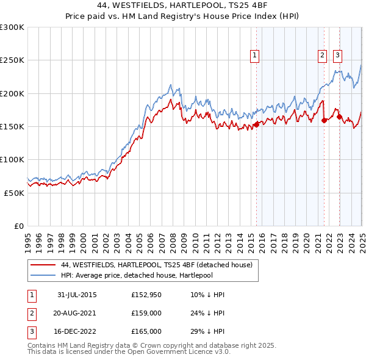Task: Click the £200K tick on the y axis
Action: tap(12, 93)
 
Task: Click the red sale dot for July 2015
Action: tap(256, 124)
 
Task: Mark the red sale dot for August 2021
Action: tap(324, 120)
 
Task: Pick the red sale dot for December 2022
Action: tap(339, 117)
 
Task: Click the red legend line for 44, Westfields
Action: tap(43, 265)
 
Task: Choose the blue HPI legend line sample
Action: tap(43, 275)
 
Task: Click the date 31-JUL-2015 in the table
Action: tap(77, 295)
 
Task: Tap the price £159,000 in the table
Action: tap(146, 313)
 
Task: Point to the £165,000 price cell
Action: tap(146, 331)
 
